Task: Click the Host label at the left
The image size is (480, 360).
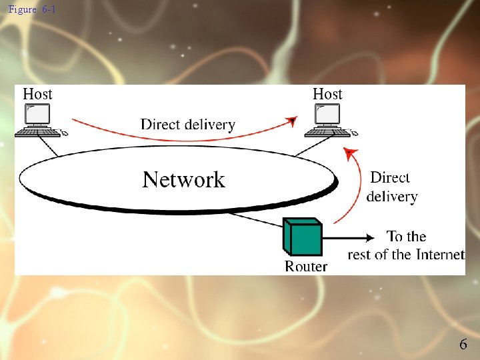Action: click(37, 94)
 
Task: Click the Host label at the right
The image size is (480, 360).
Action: click(327, 94)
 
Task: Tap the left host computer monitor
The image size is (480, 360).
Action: click(37, 115)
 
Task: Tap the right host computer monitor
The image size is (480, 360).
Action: click(328, 115)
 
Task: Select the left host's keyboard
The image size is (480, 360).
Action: click(39, 132)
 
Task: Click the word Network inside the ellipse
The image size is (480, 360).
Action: click(184, 179)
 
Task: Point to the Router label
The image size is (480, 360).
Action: click(306, 266)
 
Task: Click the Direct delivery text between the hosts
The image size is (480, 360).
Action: click(188, 124)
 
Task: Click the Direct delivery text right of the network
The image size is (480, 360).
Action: click(392, 187)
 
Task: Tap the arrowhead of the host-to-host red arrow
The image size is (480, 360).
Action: click(291, 121)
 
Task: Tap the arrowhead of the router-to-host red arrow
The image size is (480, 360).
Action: click(347, 153)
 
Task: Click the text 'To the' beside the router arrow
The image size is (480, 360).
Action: click(406, 236)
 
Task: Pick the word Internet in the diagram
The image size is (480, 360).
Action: click(439, 254)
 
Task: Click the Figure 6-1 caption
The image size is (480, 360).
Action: click(32, 9)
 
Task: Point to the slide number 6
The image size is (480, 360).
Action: click(463, 344)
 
